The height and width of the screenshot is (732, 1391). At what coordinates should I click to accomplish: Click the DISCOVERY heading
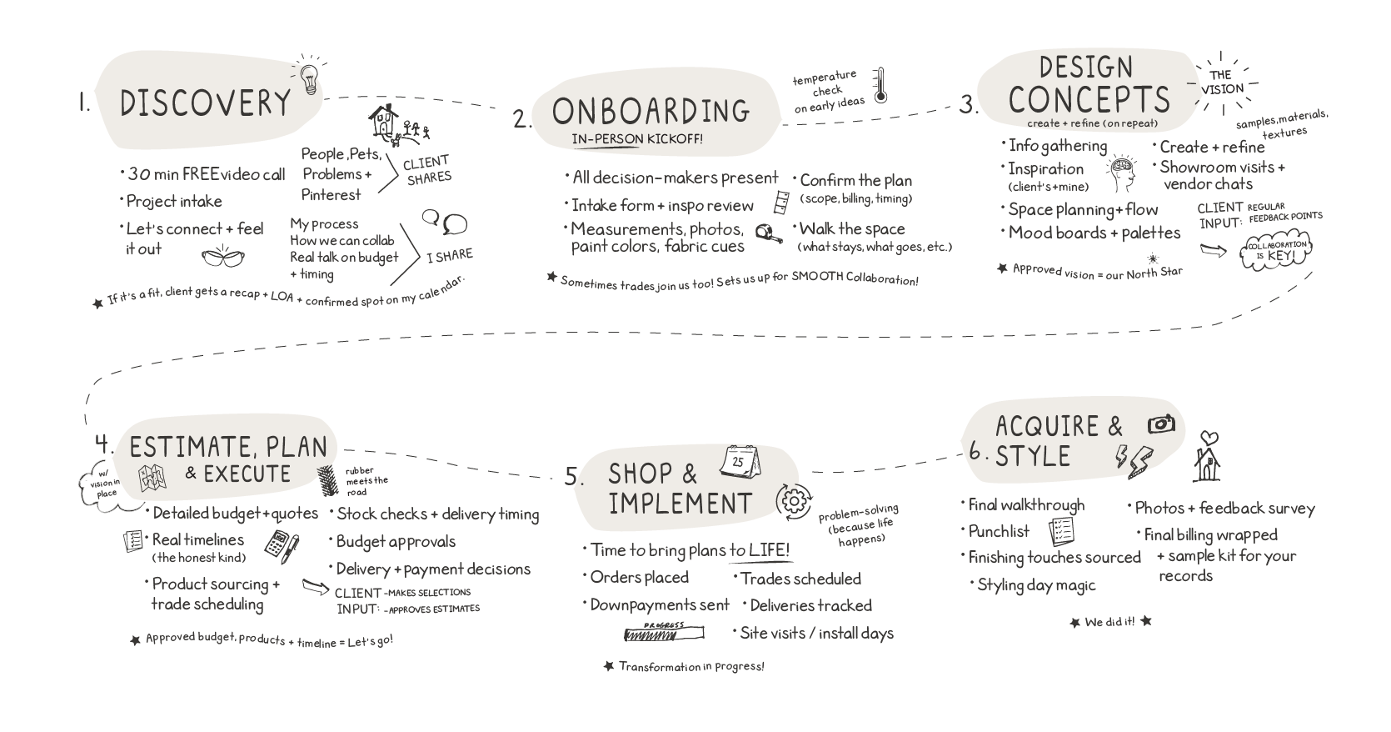coord(206,103)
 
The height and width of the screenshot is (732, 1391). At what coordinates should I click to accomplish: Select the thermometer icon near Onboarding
coord(880,86)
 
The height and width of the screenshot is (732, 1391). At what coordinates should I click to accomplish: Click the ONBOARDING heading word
coord(651,110)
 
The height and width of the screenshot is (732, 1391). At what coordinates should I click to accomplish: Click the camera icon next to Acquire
coord(1161,424)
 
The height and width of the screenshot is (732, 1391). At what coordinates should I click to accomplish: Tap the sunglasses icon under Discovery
coord(224,258)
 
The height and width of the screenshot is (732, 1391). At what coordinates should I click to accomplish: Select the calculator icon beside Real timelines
coord(280,544)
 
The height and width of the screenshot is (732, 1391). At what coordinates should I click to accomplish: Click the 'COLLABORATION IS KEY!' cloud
coord(1275,250)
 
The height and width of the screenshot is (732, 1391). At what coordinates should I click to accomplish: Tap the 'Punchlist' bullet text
coord(999,531)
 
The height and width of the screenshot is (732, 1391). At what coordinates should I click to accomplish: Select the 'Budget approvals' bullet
coord(396,542)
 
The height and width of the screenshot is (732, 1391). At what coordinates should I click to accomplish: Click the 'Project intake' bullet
coord(174,201)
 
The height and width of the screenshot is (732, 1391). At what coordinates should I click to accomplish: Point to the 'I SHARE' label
coord(449,256)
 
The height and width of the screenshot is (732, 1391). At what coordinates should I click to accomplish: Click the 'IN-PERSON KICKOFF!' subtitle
coord(637,138)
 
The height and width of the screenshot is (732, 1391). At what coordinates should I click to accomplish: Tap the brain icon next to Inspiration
coord(1122,173)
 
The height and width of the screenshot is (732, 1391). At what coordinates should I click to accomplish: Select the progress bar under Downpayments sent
coord(664,634)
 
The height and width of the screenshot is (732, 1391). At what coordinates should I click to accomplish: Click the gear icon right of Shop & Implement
coord(794,500)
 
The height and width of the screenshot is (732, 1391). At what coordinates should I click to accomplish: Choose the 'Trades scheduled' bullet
coord(800,579)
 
